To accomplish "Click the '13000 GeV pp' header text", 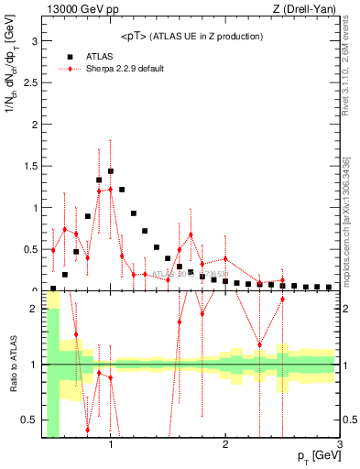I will point(82,9).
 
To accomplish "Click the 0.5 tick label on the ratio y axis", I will point(29,420).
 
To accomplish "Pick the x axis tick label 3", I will point(339,445).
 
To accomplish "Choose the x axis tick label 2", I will point(225,445).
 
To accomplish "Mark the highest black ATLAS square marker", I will point(111,171).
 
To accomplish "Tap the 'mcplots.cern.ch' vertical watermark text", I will point(349,238).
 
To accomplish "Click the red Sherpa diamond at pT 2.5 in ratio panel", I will point(282,299).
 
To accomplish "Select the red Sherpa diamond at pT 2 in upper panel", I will point(225,258).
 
